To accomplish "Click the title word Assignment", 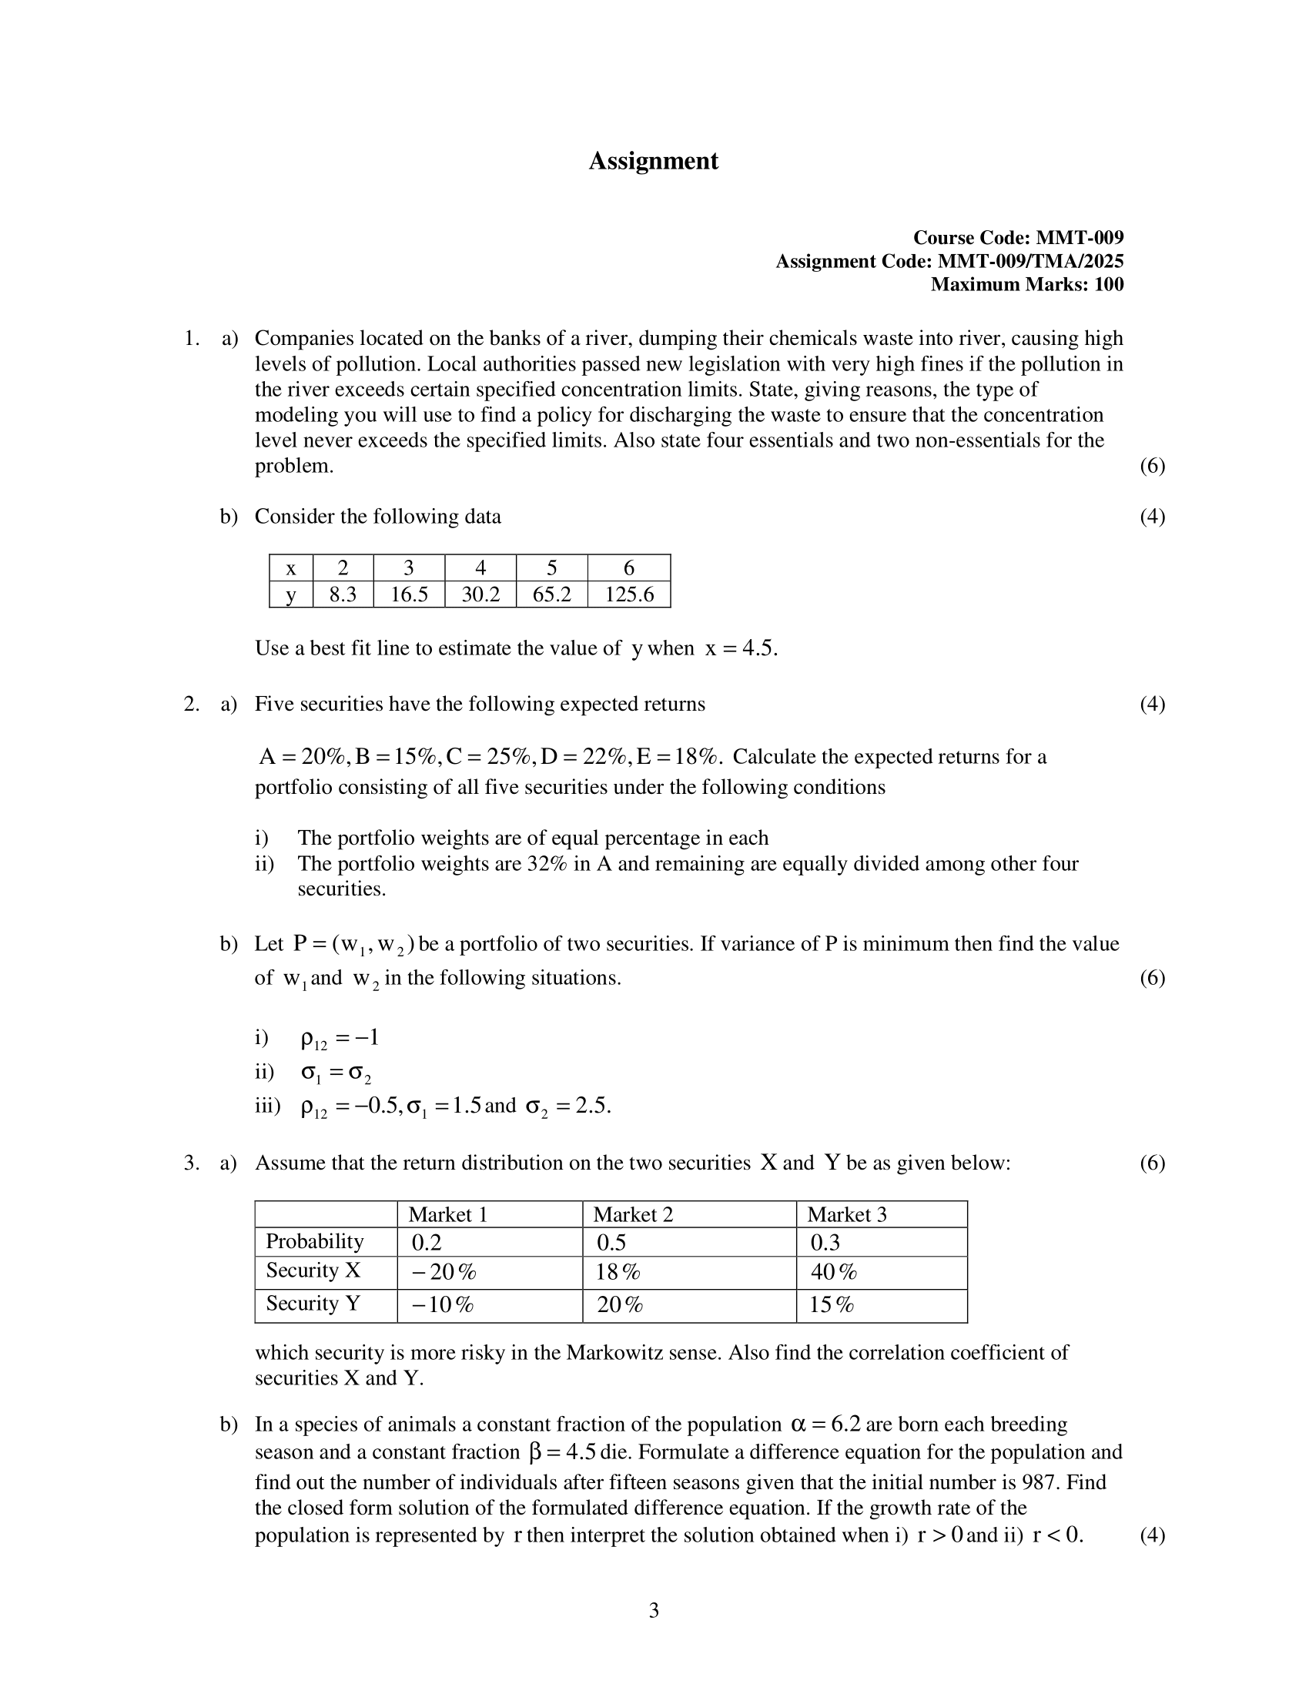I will (653, 161).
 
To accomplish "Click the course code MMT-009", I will (1080, 237).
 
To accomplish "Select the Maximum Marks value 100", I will (1108, 285).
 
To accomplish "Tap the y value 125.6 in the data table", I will (629, 594).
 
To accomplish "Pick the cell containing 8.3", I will (343, 594).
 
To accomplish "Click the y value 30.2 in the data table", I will (480, 594).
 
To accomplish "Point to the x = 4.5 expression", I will (741, 648).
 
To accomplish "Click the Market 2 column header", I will (633, 1214).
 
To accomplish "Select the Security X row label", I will (313, 1270).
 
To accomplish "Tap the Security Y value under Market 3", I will (832, 1304).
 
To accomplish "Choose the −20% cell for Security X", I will (444, 1272).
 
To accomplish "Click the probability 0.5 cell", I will (611, 1243).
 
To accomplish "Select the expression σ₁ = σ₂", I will (336, 1073).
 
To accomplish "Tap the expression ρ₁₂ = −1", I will (339, 1039).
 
